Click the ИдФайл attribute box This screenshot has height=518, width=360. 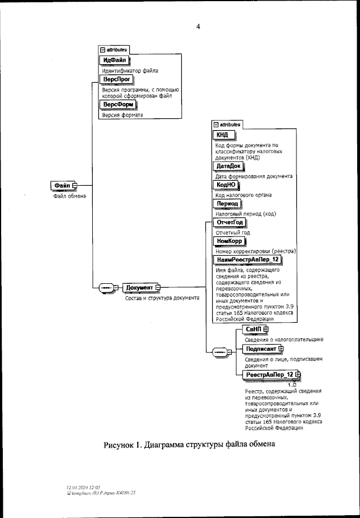(x=114, y=60)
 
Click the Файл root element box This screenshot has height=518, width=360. (x=63, y=185)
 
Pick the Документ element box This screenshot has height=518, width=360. (x=140, y=288)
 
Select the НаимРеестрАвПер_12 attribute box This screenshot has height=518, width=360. (x=247, y=259)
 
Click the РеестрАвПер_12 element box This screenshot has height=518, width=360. (x=271, y=374)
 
